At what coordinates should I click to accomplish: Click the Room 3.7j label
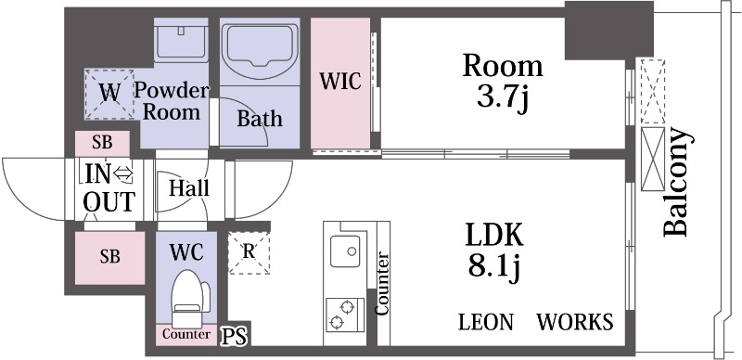coord(503,82)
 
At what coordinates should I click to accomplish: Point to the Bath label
coord(260,119)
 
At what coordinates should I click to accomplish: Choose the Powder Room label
coord(172,101)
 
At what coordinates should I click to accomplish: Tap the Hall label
coord(189,188)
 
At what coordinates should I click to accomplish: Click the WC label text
coord(185,251)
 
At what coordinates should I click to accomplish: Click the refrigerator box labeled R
coord(248,251)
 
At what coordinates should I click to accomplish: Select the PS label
coord(234,336)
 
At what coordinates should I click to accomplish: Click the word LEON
coord(486,322)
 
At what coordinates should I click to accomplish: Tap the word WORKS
coord(576,322)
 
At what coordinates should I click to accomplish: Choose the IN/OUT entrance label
coord(109,187)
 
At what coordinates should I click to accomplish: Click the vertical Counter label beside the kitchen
coord(382,282)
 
